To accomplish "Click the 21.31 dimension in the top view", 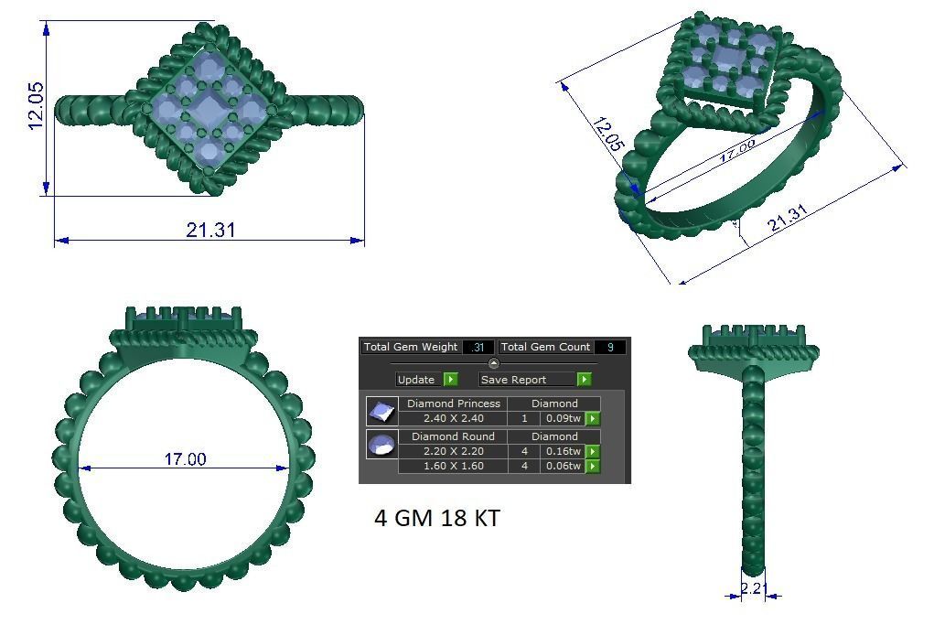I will [x=210, y=230].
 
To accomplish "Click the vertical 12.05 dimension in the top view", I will [x=37, y=106].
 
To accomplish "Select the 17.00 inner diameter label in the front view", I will [x=185, y=458].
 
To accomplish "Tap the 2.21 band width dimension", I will [x=751, y=588].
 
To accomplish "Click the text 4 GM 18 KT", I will [x=437, y=518].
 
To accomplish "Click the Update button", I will [x=416, y=379].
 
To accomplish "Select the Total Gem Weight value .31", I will [x=478, y=347].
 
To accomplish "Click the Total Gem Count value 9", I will [x=609, y=347].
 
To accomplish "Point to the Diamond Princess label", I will [x=454, y=404].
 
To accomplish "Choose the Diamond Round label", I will [x=453, y=436].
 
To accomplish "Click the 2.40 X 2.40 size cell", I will [x=453, y=418].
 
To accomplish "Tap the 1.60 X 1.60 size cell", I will [x=453, y=466].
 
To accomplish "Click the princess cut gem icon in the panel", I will [x=381, y=411].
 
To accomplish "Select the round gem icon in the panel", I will [x=381, y=445].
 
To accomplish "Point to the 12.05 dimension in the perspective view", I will [x=608, y=134].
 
